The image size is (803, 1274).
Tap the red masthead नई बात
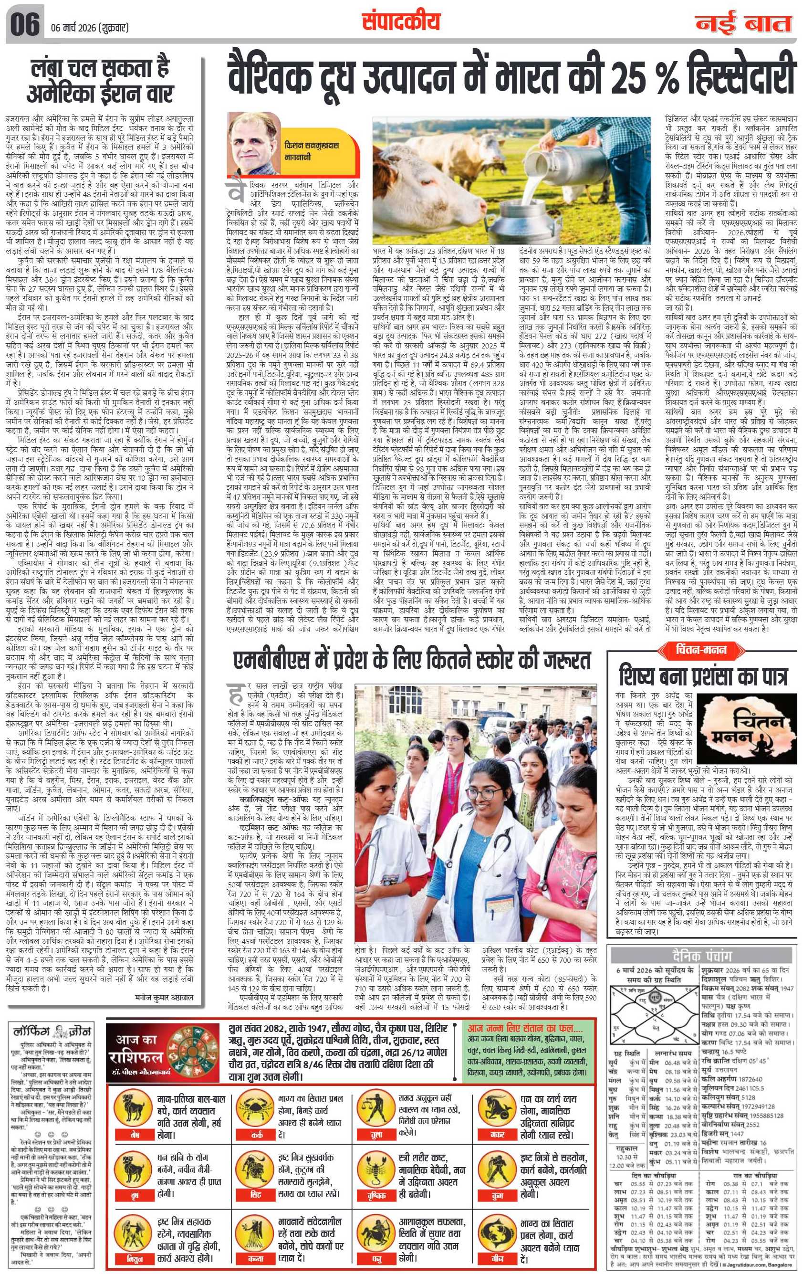743,24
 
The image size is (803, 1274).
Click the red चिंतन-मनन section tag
701,650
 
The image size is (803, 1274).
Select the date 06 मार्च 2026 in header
90,28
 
